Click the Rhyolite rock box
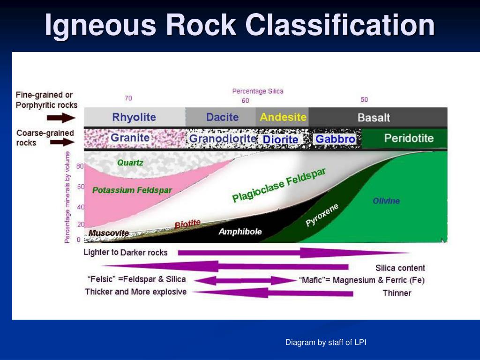[135, 117]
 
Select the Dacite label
[222, 117]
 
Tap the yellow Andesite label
[283, 117]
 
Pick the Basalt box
[378, 117]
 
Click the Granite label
[130, 138]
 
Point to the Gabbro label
[335, 139]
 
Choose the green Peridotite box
[405, 138]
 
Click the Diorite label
[280, 139]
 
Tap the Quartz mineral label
[130, 163]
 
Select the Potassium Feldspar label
[132, 190]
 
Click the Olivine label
[386, 201]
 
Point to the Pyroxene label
[322, 215]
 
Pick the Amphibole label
[240, 232]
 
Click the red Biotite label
[187, 224]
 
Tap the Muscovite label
[109, 233]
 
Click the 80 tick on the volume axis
[80, 166]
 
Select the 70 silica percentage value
[128, 98]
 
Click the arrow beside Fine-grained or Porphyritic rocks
[61, 118]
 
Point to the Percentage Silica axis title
[258, 91]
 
